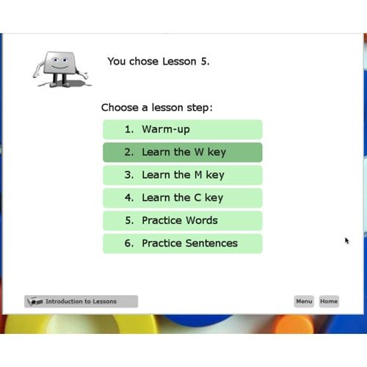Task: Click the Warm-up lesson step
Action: (x=182, y=129)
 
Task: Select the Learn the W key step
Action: (x=182, y=152)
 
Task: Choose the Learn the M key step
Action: (x=182, y=175)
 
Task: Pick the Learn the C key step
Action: (x=182, y=197)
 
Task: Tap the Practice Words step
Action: (x=182, y=220)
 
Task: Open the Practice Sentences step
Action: (x=182, y=243)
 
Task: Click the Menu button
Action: (x=304, y=301)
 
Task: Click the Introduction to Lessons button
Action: (x=81, y=301)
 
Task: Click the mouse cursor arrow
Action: (x=347, y=240)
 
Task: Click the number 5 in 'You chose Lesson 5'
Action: (x=203, y=62)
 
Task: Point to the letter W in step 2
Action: (x=199, y=152)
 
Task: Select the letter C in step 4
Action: (x=197, y=197)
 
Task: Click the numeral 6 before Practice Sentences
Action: (x=128, y=243)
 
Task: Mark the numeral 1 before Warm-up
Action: (x=128, y=129)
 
